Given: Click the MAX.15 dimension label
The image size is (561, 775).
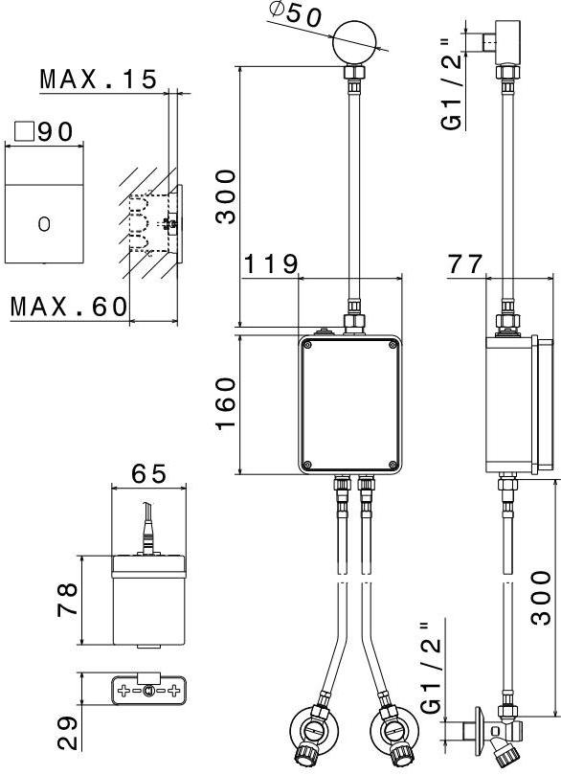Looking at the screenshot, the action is click(98, 80).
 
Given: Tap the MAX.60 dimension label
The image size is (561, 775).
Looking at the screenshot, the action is click(69, 307).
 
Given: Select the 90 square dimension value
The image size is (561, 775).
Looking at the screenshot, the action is click(56, 131).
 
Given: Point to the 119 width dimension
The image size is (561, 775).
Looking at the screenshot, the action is click(271, 264).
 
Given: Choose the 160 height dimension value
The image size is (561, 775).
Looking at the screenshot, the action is click(226, 403).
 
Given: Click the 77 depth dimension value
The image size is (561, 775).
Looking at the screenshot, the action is click(464, 264).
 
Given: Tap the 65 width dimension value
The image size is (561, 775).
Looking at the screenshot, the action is click(149, 474).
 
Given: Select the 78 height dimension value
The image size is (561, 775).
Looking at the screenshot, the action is click(67, 599).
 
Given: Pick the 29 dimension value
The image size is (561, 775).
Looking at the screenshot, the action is click(67, 734).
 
